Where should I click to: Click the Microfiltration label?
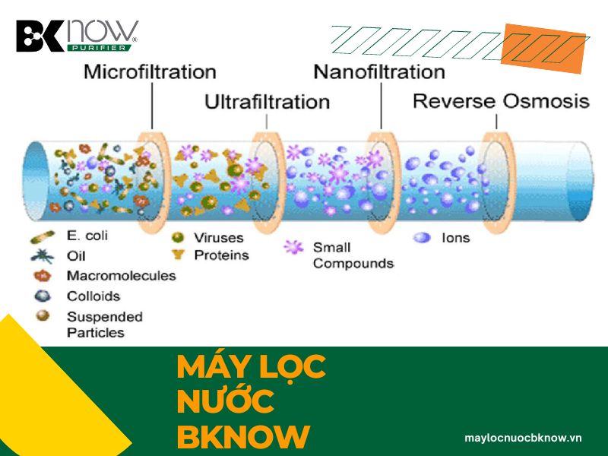tap(150, 72)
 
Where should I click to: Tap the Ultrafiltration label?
tap(268, 102)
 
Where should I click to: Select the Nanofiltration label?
tap(379, 72)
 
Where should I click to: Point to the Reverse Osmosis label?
tap(501, 101)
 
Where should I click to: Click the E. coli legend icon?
tap(43, 236)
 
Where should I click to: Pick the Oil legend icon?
tap(43, 256)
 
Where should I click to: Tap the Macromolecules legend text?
tap(122, 276)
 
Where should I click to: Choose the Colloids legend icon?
tap(43, 296)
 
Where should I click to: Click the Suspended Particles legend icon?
tap(43, 315)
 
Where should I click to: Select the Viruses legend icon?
tap(178, 237)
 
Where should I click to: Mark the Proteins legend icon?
tap(178, 255)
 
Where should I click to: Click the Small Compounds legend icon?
tap(293, 247)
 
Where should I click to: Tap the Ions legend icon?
tap(422, 237)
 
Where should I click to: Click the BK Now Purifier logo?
tap(78, 35)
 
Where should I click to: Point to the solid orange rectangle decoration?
tap(543, 49)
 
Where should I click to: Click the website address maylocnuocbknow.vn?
tap(523, 438)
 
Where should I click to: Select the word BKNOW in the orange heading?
tap(243, 436)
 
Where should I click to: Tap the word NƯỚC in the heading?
tap(225, 401)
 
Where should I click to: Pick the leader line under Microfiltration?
tap(152, 106)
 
